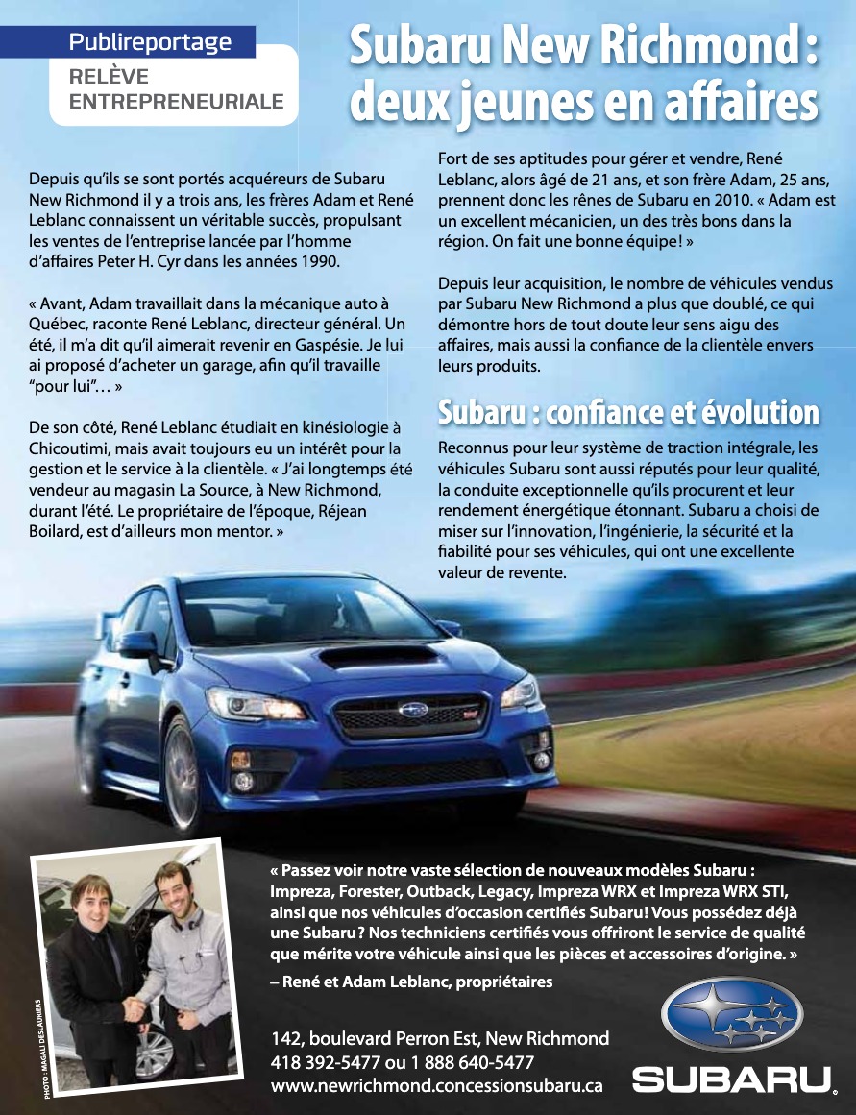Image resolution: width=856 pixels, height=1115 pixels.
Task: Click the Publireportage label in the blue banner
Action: [150, 42]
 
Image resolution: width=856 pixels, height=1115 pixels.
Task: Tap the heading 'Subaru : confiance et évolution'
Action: [628, 413]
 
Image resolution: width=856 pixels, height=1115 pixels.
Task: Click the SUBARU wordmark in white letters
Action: [732, 1080]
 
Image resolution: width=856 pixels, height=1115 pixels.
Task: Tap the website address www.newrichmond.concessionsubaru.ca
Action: [437, 1085]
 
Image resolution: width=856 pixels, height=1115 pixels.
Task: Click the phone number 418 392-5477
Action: [327, 1062]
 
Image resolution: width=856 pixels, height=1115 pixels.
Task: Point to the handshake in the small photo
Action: [134, 1009]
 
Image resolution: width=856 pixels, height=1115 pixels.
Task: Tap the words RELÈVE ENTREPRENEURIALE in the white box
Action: [177, 89]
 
